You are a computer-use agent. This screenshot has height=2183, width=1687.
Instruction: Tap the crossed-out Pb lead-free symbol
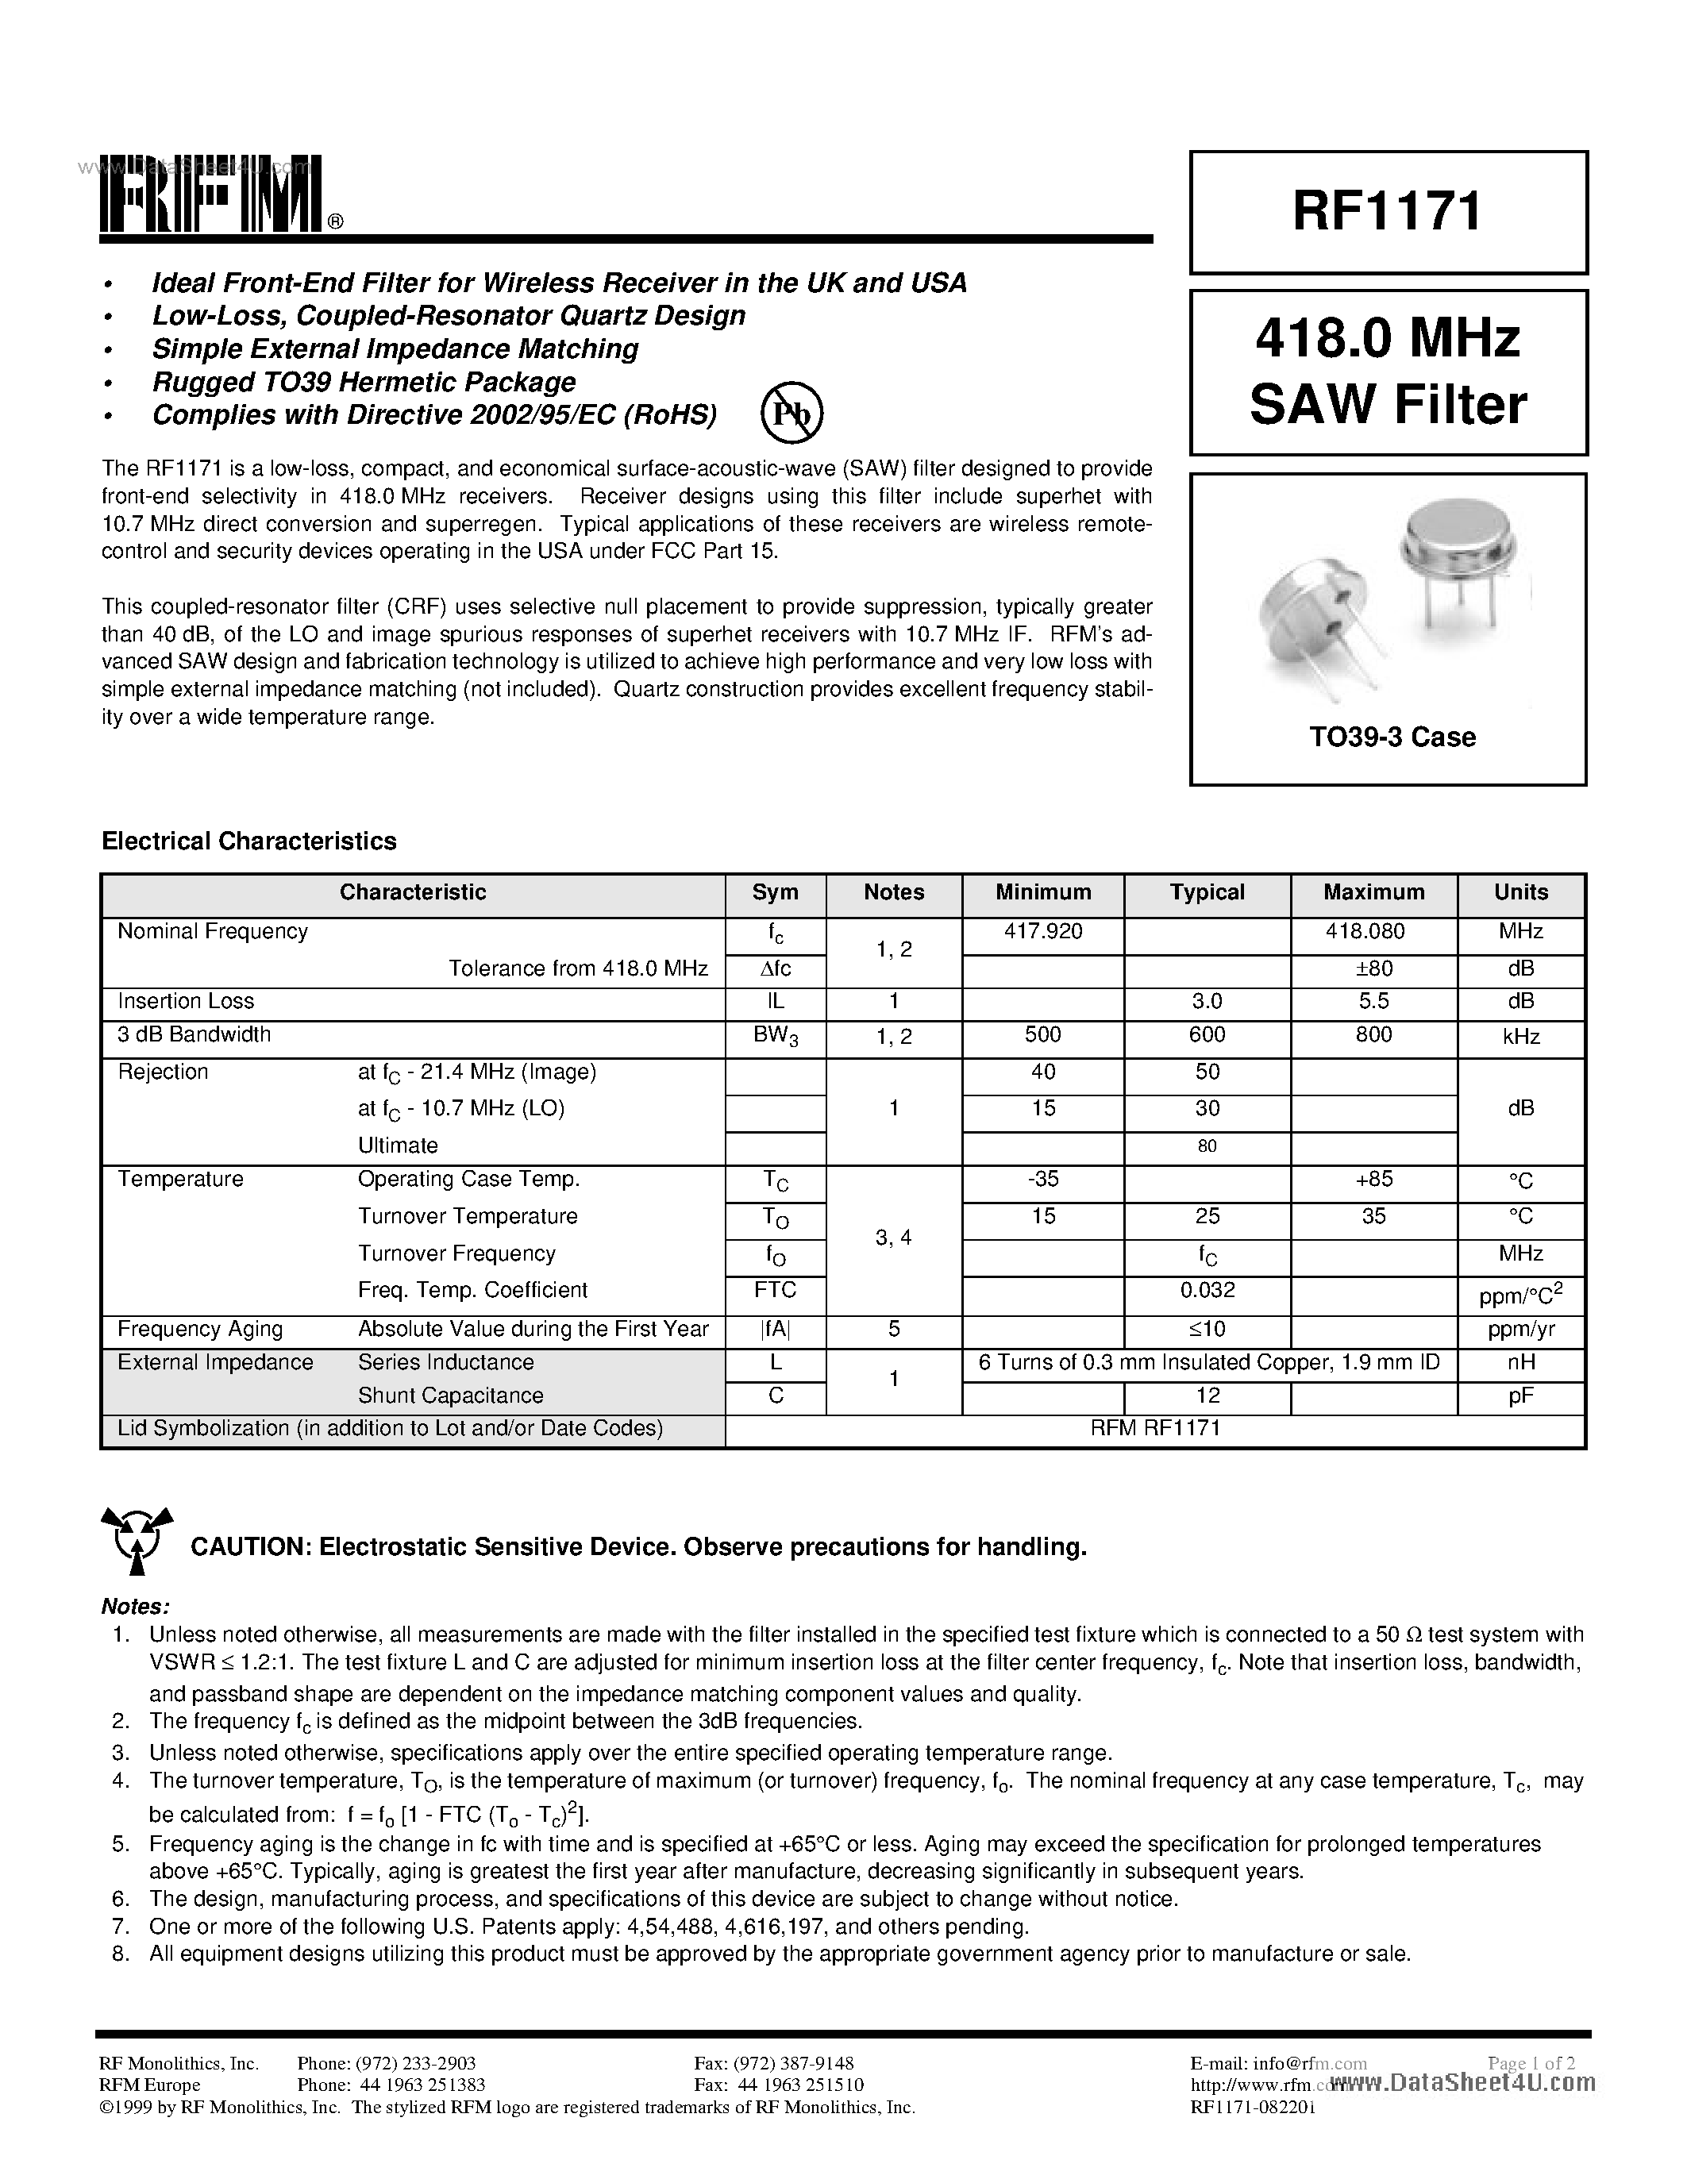pyautogui.click(x=792, y=414)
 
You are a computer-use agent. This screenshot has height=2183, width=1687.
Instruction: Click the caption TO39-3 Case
pyautogui.click(x=1392, y=737)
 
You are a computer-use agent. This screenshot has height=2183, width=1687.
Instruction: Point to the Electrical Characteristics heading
pyautogui.click(x=248, y=841)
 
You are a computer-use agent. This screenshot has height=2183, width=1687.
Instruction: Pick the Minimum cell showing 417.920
pyautogui.click(x=1042, y=932)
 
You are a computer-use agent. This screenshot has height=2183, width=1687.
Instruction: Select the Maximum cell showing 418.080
pyautogui.click(x=1373, y=932)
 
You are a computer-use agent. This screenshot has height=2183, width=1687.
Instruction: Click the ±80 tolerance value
pyautogui.click(x=1373, y=968)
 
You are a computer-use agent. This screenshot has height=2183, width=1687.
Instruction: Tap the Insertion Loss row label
pyautogui.click(x=186, y=1002)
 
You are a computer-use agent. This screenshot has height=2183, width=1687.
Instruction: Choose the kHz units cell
pyautogui.click(x=1520, y=1038)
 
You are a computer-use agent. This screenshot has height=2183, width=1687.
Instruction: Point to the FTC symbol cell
pyautogui.click(x=775, y=1291)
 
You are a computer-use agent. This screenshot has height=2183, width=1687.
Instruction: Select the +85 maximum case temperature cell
pyautogui.click(x=1373, y=1180)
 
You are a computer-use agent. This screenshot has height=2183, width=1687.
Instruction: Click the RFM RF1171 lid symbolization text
pyautogui.click(x=1155, y=1428)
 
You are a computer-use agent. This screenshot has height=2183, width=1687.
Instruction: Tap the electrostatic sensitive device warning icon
pyautogui.click(x=137, y=1542)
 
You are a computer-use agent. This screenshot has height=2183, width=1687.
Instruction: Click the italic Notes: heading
pyautogui.click(x=135, y=1607)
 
